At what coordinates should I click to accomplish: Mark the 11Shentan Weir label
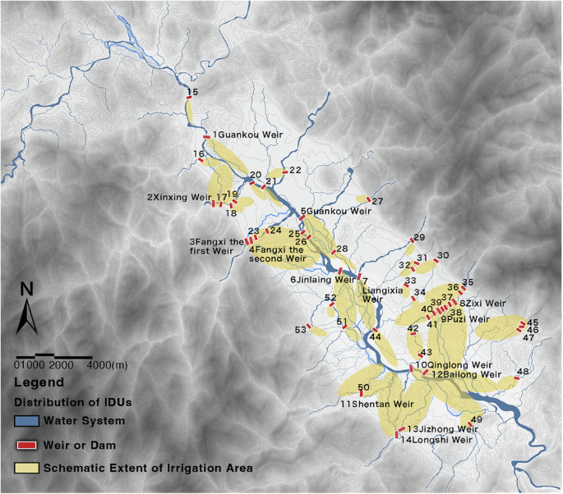pos(376,404)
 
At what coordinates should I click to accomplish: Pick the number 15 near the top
pos(192,92)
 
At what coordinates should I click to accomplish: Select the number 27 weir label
pos(377,201)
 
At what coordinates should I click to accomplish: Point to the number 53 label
pos(301,329)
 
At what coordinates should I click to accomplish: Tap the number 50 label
pos(363,387)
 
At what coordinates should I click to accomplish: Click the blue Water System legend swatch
pos(27,421)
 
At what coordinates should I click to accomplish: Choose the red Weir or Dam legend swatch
pos(27,445)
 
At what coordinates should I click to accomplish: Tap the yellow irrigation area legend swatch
pos(27,468)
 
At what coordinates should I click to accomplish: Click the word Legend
pos(39,382)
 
